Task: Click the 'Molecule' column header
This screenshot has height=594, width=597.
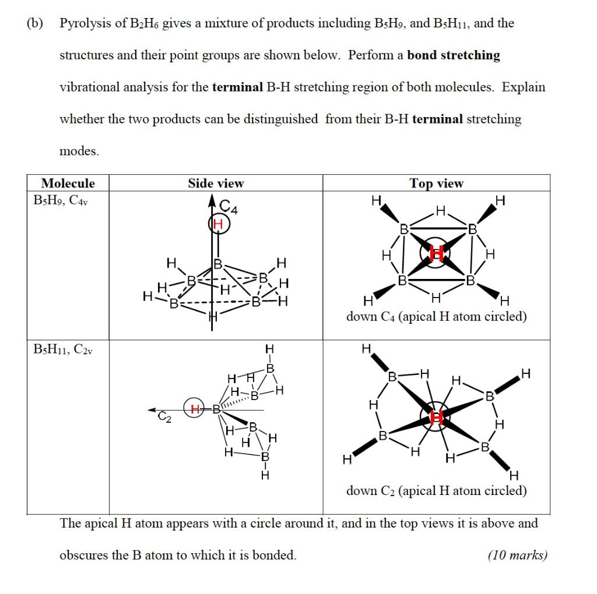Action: point(68,183)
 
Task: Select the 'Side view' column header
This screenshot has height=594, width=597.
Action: point(216,183)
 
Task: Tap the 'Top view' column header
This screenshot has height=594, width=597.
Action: point(436,183)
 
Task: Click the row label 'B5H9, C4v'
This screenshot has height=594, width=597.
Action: point(61,201)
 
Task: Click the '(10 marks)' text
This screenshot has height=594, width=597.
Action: point(518,555)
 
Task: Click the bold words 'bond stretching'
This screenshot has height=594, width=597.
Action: point(454,55)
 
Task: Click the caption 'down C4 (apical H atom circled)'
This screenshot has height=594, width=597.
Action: point(436,317)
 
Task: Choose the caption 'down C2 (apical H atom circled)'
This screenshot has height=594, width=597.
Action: point(436,490)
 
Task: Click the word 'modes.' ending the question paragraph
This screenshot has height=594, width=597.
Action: point(79,151)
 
